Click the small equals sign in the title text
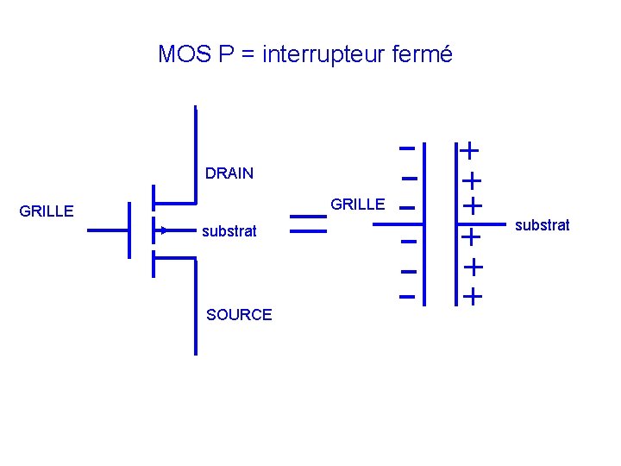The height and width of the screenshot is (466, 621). (248, 55)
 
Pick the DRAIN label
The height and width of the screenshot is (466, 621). (229, 173)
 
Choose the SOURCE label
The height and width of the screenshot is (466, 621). (239, 315)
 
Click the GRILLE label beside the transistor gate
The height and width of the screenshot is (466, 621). (47, 211)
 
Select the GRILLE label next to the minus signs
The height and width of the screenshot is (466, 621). (358, 205)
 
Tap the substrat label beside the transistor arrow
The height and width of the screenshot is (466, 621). (229, 231)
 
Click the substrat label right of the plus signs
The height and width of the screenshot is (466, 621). (542, 225)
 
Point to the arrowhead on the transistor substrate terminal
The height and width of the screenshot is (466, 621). (161, 230)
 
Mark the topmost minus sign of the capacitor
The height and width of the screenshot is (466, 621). (409, 148)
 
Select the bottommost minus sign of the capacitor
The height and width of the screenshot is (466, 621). (408, 299)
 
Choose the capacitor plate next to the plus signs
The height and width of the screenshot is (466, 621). (456, 224)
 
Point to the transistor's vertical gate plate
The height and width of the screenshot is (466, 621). (128, 230)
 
